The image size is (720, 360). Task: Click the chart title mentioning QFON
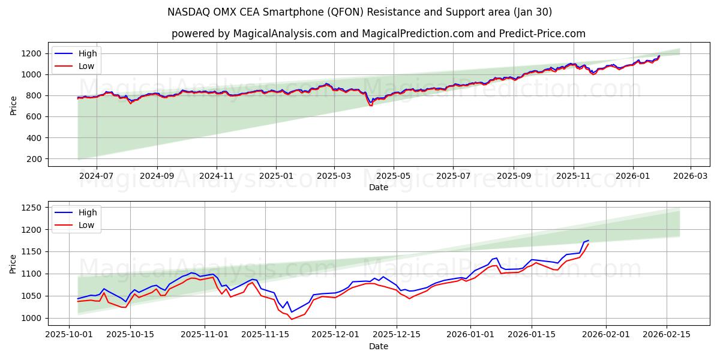pyautogui.click(x=360, y=12)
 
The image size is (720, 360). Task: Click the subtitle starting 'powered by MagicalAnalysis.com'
pyautogui.click(x=378, y=34)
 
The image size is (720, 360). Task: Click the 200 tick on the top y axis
pyautogui.click(x=34, y=159)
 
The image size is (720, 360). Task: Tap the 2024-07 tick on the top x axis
pyautogui.click(x=96, y=176)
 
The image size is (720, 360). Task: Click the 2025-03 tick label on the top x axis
pyautogui.click(x=334, y=176)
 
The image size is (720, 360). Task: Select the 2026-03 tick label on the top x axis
pyautogui.click(x=691, y=176)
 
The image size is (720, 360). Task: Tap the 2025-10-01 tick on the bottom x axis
pyautogui.click(x=69, y=335)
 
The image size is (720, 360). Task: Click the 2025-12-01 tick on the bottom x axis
pyautogui.click(x=335, y=335)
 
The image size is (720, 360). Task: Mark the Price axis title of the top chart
pyautogui.click(x=14, y=106)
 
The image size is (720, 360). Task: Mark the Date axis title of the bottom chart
pyautogui.click(x=378, y=346)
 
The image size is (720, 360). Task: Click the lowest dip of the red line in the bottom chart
pyautogui.click(x=292, y=319)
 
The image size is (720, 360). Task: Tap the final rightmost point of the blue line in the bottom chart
pyautogui.click(x=589, y=241)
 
